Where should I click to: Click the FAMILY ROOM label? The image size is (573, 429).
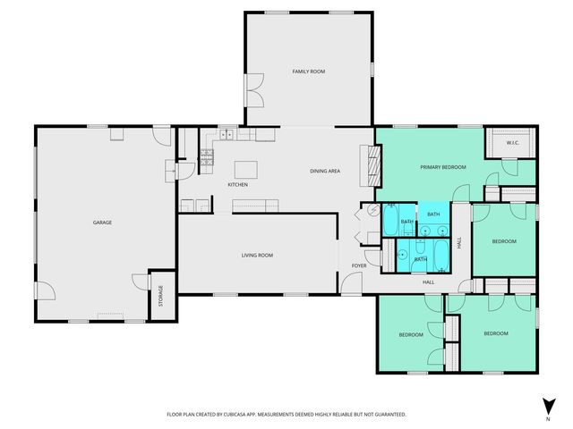click(x=308, y=71)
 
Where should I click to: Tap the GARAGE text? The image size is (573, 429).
click(x=102, y=222)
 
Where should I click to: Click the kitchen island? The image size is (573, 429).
click(x=246, y=168)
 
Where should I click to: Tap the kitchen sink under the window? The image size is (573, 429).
click(x=227, y=135)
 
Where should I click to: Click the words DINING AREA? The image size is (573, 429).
click(x=324, y=171)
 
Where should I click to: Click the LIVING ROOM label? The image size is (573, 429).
click(x=257, y=256)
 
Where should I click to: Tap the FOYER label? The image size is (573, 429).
click(x=358, y=265)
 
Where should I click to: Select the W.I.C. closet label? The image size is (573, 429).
click(x=513, y=143)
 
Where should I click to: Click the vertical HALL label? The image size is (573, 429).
click(x=460, y=242)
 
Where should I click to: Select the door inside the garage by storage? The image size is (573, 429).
click(x=139, y=281)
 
